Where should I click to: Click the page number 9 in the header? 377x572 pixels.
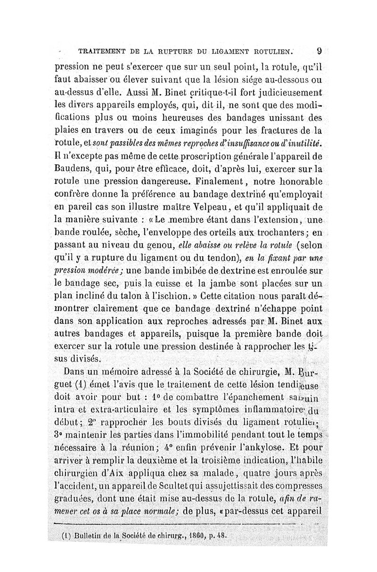320,50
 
